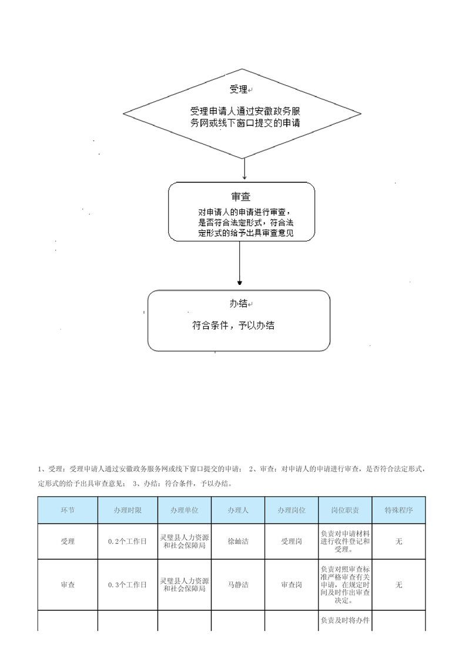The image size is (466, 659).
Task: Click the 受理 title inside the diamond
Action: point(239,89)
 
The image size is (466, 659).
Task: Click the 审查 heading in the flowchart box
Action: point(240,196)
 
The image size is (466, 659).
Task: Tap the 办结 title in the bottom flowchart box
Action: point(239,304)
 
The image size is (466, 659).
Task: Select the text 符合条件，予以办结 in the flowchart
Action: point(233,325)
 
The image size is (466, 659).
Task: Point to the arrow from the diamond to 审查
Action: point(244,169)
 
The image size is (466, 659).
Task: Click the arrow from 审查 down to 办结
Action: point(240,264)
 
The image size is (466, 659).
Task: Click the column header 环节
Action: point(68,510)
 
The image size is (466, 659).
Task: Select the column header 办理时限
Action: point(128,510)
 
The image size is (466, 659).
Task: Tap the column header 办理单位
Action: point(184,510)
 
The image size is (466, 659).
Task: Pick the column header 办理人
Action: point(238,510)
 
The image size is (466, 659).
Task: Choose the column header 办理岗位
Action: point(291,510)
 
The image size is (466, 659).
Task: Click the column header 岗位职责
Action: point(346,510)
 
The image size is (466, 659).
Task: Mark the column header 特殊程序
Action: point(398,510)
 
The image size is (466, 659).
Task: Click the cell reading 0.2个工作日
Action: point(128,542)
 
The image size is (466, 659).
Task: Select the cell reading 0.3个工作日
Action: point(128,584)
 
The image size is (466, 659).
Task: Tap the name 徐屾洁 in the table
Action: point(238,542)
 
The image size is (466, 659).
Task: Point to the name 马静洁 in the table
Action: point(238,584)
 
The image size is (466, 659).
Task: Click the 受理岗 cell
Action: point(291,542)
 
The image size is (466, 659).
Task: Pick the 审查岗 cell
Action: point(291,584)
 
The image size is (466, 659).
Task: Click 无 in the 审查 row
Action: point(398,584)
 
